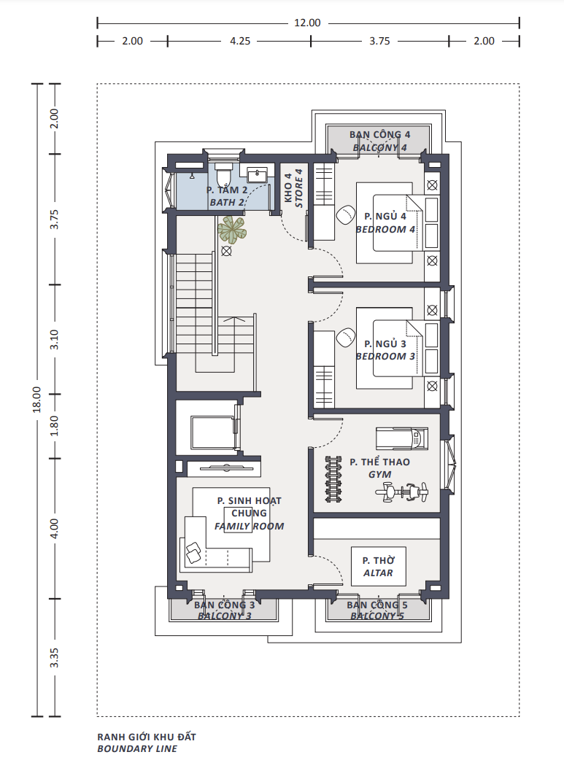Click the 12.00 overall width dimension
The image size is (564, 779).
tap(308, 23)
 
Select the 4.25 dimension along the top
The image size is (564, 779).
tap(240, 42)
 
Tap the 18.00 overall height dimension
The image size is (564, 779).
tap(36, 400)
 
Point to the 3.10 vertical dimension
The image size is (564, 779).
tap(54, 339)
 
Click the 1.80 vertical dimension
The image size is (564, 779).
tap(54, 426)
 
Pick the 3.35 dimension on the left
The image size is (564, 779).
tap(54, 657)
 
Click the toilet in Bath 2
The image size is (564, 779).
tap(223, 174)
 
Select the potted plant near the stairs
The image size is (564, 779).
tap(231, 230)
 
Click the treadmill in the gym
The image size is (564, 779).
tap(401, 438)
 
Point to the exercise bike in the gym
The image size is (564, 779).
tap(402, 492)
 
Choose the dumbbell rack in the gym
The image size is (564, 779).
tap(333, 479)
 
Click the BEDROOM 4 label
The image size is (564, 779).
tap(385, 230)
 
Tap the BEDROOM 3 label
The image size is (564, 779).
tap(385, 356)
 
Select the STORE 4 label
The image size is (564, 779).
tap(298, 188)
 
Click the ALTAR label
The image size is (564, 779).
tap(378, 573)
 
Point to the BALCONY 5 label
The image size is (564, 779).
tap(377, 616)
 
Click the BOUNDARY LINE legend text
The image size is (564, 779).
tap(137, 748)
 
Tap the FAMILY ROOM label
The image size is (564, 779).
tap(249, 526)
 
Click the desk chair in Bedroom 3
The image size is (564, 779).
tap(346, 338)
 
